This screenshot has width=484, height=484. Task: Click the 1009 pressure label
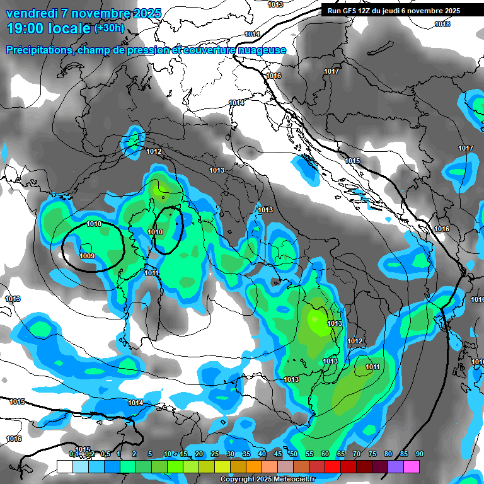point(87,256)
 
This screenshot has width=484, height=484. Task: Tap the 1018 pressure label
point(443,24)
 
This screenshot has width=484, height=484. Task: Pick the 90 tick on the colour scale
point(420,454)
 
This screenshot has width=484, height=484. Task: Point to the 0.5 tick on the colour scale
point(106,454)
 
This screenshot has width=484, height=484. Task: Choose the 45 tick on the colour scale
point(278,454)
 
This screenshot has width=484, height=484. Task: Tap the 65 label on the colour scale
point(341,454)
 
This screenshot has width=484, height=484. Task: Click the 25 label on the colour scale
point(215,454)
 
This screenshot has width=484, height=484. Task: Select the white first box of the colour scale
point(65,466)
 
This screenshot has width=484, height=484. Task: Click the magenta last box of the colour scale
point(412,466)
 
